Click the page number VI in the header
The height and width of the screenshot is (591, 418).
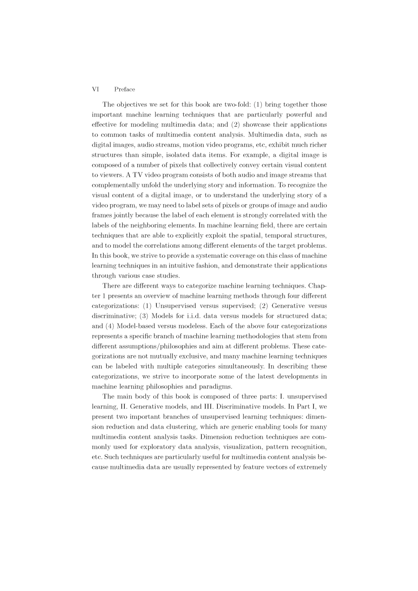coord(95,89)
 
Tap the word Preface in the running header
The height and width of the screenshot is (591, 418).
coord(124,89)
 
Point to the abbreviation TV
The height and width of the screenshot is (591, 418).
coord(138,175)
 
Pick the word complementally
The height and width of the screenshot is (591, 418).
coord(115,185)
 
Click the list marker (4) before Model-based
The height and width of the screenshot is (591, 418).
coord(110,326)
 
